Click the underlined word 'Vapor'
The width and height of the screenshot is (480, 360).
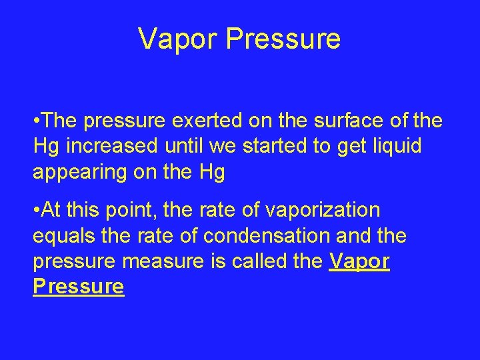pos(360,261)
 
